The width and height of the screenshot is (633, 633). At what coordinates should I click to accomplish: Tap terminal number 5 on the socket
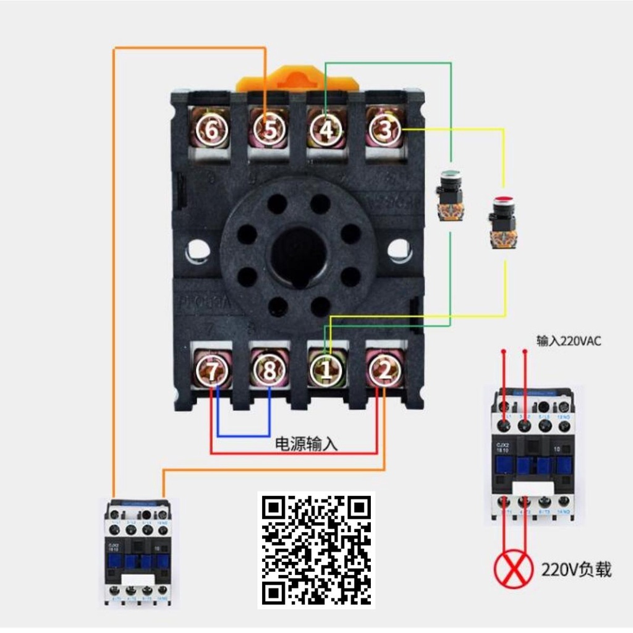[x=268, y=130]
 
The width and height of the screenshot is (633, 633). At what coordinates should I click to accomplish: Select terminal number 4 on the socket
[x=326, y=130]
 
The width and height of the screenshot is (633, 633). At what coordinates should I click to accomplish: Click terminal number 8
[x=269, y=371]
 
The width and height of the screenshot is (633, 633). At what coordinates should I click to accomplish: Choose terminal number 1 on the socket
[x=326, y=370]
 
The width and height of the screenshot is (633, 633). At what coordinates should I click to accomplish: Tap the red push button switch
[x=501, y=221]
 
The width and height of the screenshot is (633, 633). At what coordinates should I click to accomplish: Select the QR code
[x=316, y=550]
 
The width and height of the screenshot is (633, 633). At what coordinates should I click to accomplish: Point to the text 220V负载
[x=576, y=569]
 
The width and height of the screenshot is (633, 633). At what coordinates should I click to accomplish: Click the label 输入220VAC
[x=569, y=341]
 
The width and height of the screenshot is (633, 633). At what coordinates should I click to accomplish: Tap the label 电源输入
[x=307, y=444]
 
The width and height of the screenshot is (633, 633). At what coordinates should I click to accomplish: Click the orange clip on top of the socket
[x=297, y=79]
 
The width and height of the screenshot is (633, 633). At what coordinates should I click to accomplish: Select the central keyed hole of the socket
[x=299, y=255]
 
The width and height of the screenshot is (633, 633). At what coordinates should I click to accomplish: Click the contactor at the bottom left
[x=138, y=551]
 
